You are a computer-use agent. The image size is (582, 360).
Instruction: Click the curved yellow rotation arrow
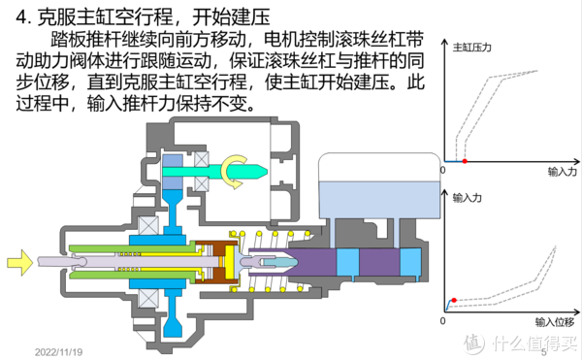(237, 170)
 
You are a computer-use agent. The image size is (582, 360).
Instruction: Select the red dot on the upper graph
(466, 159)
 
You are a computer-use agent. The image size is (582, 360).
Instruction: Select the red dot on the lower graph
(454, 301)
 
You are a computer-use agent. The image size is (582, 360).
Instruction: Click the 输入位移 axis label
(554, 320)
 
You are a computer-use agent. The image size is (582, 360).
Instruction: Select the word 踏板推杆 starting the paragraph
(83, 41)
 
